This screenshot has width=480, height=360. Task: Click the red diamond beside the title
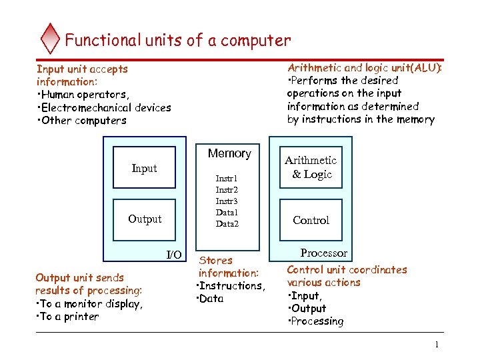point(50,39)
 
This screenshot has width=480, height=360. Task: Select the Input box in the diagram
point(144,169)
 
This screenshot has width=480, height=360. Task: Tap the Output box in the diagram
point(145,219)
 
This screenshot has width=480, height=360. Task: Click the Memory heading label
point(229,153)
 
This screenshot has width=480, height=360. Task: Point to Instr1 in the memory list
point(227,179)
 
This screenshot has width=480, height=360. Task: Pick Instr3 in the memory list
point(227,201)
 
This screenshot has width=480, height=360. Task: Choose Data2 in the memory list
point(227,224)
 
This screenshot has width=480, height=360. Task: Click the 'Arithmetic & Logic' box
point(311,167)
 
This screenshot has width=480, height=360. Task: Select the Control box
point(311,220)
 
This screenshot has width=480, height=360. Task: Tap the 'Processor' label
point(324,253)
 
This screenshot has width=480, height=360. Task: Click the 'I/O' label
point(173,255)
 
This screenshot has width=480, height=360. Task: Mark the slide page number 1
point(436,345)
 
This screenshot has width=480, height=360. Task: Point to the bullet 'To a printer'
point(69,317)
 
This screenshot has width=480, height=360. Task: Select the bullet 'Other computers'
point(84,121)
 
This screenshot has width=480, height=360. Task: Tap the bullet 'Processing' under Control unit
point(317,321)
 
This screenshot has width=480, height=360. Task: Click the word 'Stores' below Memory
point(217,261)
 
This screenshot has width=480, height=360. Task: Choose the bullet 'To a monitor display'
point(91,304)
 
